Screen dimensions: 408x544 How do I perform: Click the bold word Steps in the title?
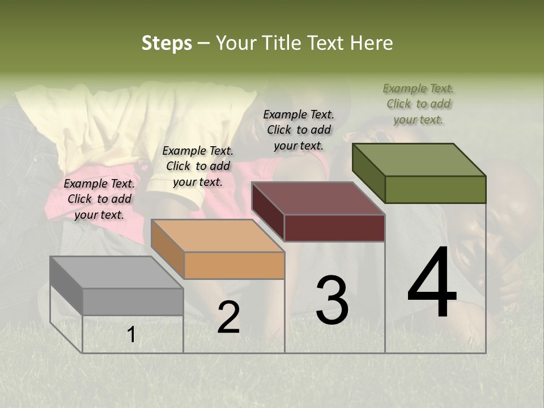[x=167, y=43]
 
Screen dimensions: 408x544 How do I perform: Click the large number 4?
[x=432, y=283]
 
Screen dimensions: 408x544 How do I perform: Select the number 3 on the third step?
[x=332, y=300]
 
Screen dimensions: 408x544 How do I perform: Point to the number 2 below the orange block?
[x=228, y=317]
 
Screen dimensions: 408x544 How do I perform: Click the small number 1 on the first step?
[x=131, y=335]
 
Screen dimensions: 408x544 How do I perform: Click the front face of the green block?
[x=435, y=189]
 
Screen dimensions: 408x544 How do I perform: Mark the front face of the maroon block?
[x=334, y=228]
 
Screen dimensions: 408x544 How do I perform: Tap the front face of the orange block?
[x=234, y=265]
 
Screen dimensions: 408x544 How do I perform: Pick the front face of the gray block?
[x=133, y=301]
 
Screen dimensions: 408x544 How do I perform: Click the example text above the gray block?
[x=99, y=199]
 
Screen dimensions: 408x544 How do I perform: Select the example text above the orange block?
[x=198, y=166]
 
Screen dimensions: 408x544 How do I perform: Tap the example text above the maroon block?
[x=299, y=130]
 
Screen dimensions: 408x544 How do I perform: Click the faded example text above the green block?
[x=418, y=104]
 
